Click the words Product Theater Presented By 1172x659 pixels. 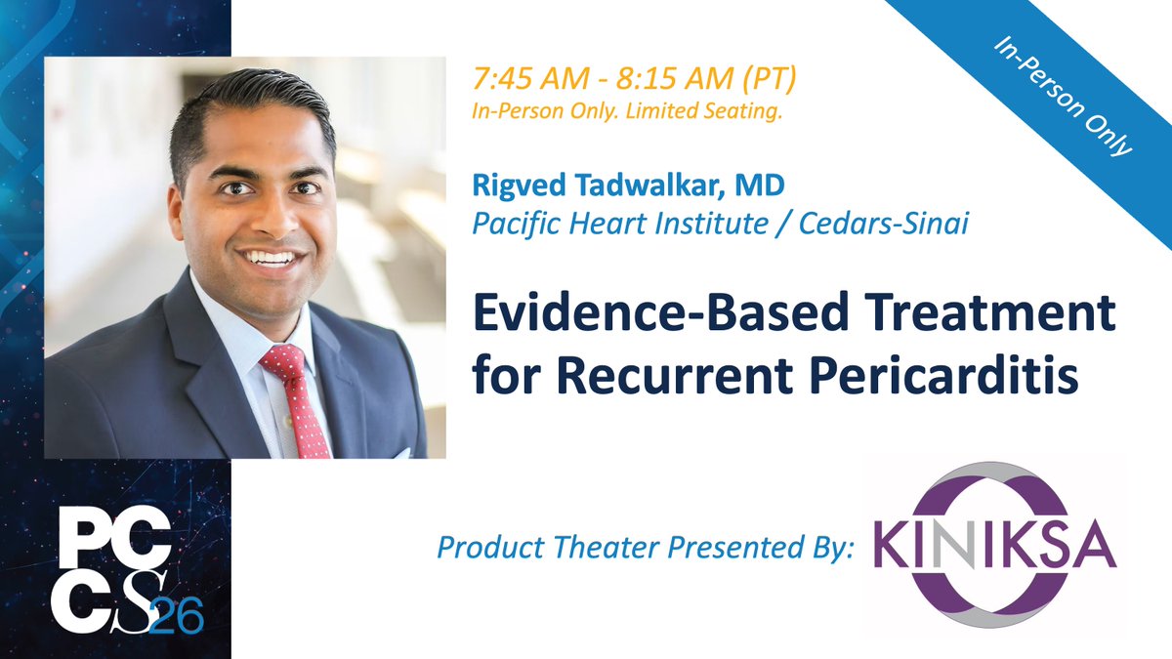pos(646,547)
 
